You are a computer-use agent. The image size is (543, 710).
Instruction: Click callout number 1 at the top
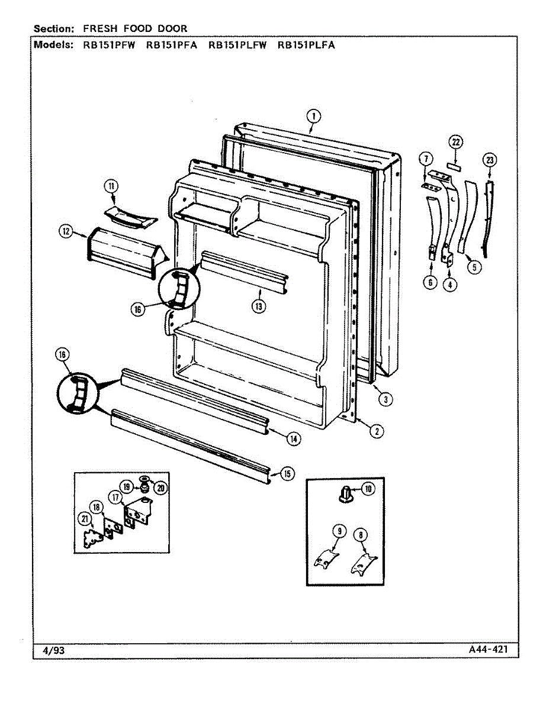click(314, 116)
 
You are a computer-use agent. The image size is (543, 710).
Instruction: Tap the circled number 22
click(455, 142)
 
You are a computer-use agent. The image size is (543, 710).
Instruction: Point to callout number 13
click(259, 306)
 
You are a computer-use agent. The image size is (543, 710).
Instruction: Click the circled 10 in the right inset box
click(368, 489)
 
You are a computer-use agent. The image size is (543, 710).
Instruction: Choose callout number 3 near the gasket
click(385, 399)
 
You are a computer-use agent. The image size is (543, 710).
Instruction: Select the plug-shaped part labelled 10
click(346, 494)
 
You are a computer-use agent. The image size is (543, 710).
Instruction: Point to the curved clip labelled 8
click(364, 562)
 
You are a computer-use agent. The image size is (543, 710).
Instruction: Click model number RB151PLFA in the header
click(306, 44)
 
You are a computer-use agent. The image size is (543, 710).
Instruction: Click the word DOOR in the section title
click(174, 28)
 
